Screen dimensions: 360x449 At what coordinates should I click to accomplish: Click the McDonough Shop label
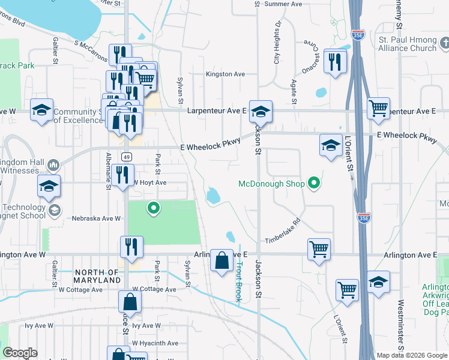click(271, 184)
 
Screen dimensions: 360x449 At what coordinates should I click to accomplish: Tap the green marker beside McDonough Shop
click(313, 183)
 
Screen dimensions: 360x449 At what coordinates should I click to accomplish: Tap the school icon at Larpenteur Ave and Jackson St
click(261, 112)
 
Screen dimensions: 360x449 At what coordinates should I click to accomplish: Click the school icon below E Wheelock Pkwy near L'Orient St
click(330, 145)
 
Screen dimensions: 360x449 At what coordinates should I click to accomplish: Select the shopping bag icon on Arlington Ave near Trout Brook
click(221, 260)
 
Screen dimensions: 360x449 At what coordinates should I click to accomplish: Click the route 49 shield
click(126, 157)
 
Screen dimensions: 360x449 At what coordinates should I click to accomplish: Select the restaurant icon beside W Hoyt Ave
click(122, 175)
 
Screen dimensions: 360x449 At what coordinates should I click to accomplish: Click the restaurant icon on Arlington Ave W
click(131, 247)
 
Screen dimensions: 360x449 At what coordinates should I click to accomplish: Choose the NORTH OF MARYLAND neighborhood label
click(97, 275)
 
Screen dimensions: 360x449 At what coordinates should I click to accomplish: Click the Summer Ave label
click(283, 4)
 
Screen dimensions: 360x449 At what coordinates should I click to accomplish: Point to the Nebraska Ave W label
click(97, 219)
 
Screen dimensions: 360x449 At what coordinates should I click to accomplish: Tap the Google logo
click(20, 353)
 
